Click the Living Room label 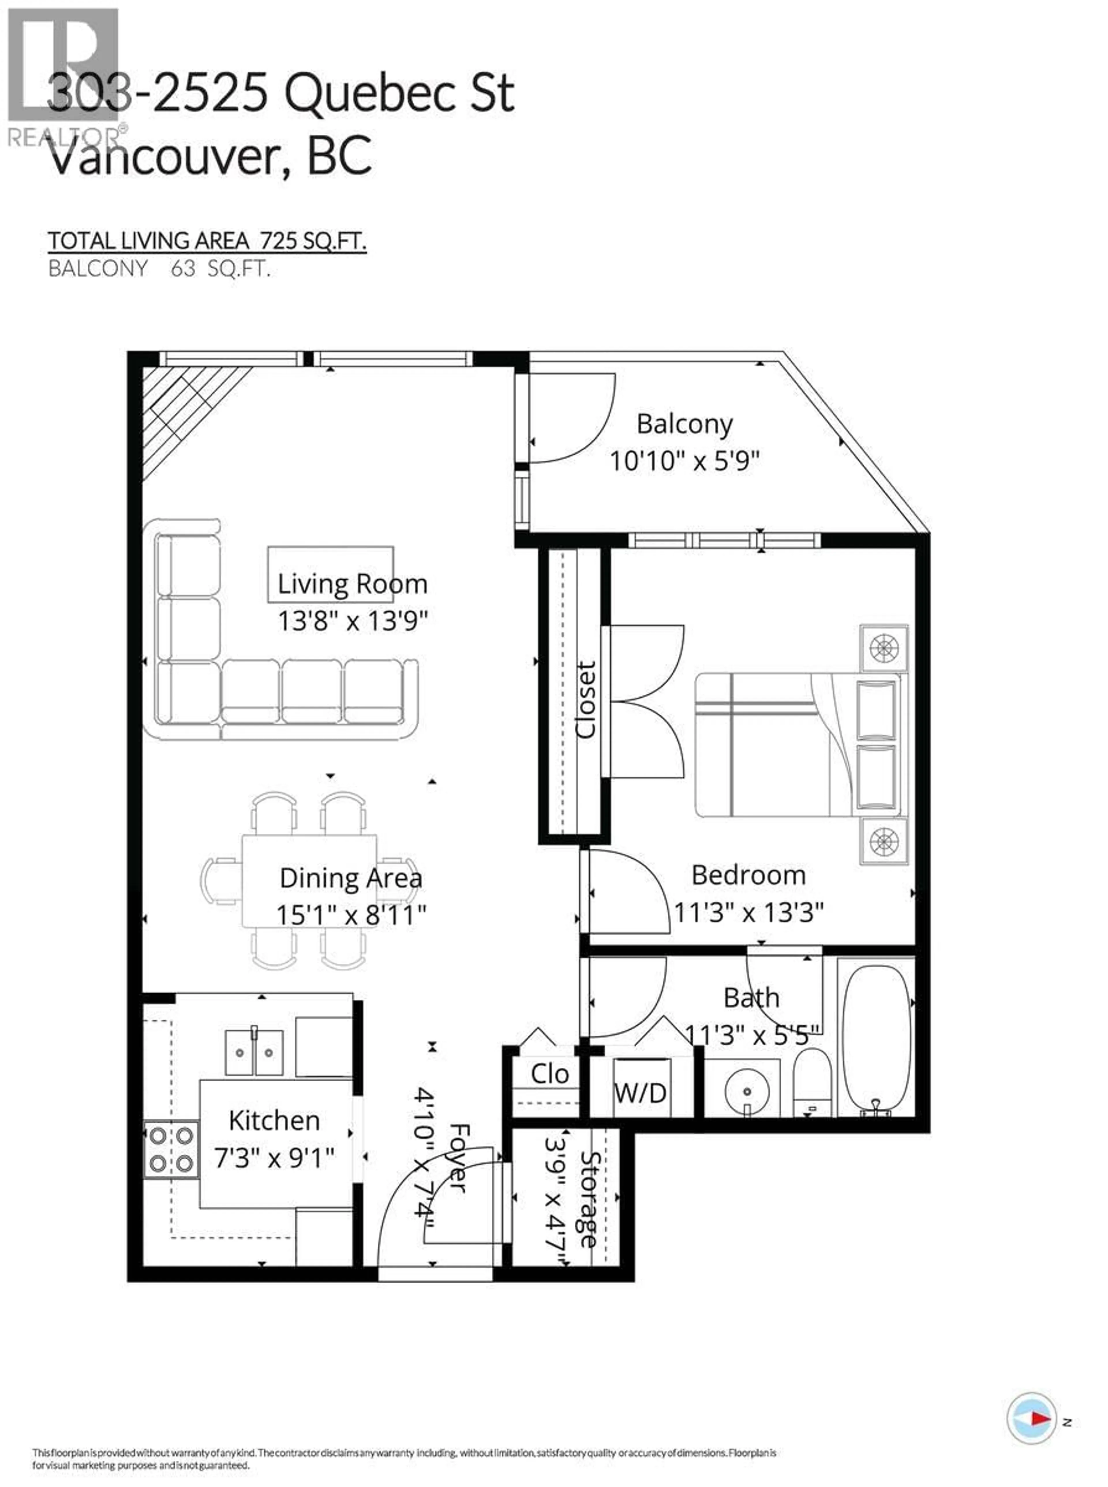point(352,584)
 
